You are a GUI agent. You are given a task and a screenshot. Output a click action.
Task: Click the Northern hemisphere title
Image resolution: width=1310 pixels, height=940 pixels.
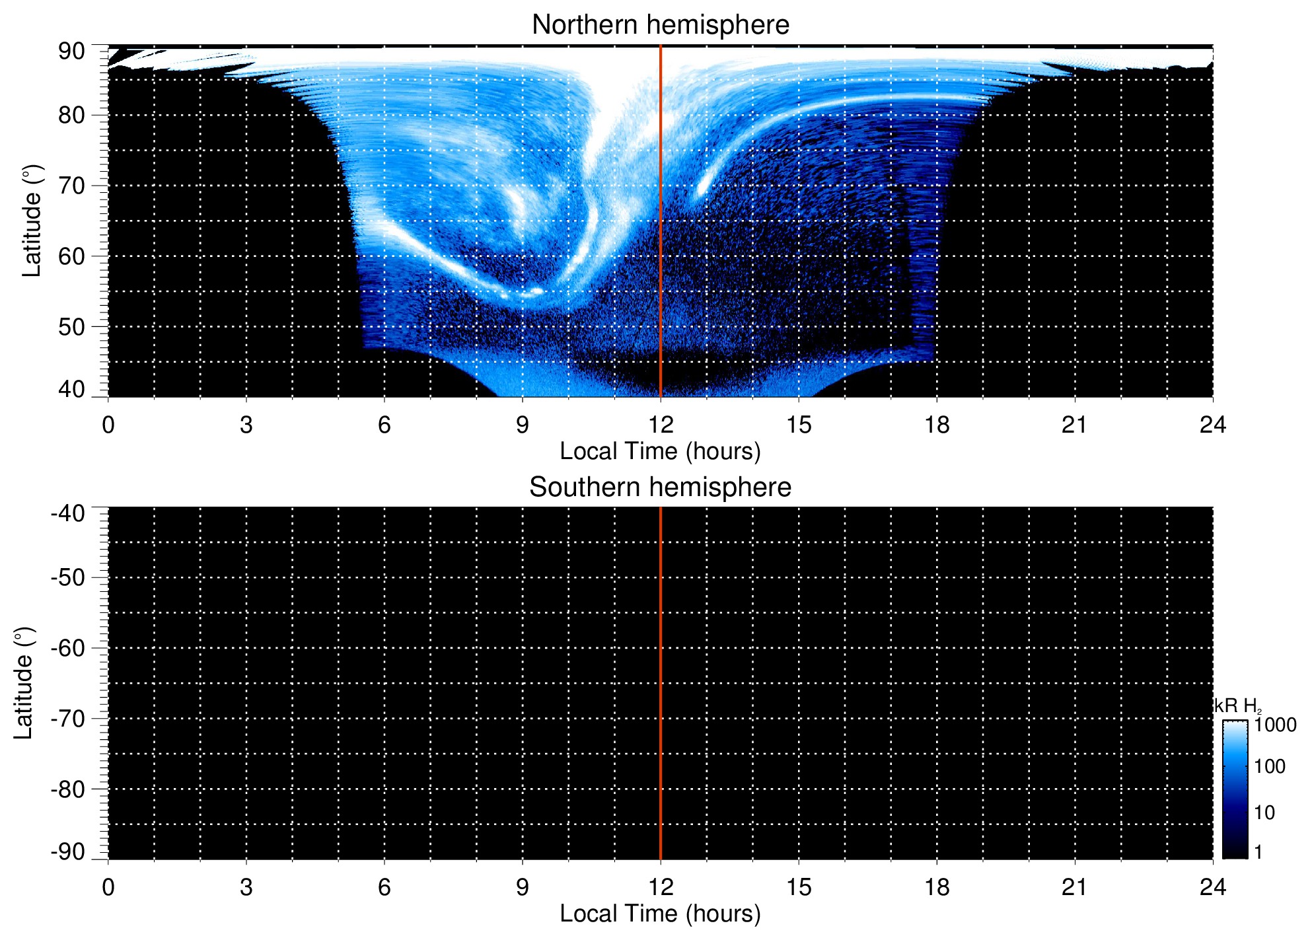(x=660, y=25)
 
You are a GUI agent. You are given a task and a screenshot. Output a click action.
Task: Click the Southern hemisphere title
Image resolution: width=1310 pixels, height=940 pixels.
(x=660, y=488)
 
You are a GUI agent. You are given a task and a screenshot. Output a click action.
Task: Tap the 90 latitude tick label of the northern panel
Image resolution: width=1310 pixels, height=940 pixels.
(x=71, y=52)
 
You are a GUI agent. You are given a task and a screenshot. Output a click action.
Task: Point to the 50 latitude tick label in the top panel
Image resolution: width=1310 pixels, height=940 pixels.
(x=71, y=327)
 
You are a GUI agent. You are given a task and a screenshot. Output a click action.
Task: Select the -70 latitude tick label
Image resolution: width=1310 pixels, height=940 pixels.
(x=68, y=719)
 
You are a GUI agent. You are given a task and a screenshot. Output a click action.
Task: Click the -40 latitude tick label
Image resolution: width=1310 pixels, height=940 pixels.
(x=68, y=513)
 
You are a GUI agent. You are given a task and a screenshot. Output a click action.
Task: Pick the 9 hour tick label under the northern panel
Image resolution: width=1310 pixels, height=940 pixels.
(x=523, y=425)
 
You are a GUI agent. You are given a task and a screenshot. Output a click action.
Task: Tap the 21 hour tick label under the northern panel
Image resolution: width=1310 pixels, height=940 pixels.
(x=1075, y=425)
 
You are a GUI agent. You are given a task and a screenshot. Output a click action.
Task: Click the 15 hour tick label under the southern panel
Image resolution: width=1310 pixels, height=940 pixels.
(x=799, y=887)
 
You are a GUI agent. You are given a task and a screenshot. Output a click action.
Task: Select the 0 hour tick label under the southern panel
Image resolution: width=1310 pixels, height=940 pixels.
(x=108, y=887)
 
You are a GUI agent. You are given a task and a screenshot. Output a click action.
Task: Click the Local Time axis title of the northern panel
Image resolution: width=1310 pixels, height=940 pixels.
(x=660, y=451)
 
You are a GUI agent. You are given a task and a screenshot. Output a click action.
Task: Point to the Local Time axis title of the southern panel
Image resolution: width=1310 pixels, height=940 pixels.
(x=660, y=914)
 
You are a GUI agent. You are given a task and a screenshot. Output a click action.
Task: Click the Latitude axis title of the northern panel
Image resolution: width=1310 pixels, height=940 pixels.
(x=32, y=221)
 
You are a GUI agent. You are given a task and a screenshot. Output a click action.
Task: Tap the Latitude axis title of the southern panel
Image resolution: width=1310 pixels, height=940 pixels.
(x=24, y=683)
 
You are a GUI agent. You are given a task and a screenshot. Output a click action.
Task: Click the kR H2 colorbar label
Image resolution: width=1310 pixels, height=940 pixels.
(x=1237, y=706)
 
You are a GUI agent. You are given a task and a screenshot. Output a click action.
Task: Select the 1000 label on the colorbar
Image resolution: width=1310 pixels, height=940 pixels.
(x=1275, y=725)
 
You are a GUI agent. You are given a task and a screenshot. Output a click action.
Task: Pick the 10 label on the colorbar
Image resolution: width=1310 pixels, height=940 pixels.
(x=1264, y=813)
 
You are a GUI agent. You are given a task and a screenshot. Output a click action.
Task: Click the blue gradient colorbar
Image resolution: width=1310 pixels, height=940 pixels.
(x=1235, y=789)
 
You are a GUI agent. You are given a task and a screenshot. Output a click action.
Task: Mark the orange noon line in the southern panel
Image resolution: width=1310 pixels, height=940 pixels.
(x=661, y=683)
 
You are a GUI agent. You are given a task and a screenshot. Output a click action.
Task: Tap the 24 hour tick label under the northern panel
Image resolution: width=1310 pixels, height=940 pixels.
(x=1213, y=425)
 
